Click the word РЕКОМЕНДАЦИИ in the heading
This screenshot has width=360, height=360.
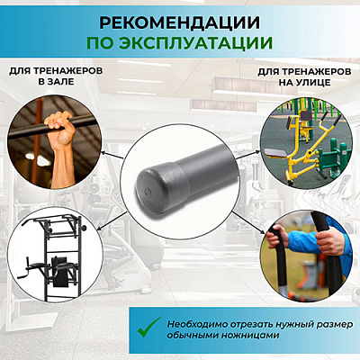click(180, 23)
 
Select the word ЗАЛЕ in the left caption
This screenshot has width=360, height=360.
click(60, 82)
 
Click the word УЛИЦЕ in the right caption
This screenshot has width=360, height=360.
click(313, 82)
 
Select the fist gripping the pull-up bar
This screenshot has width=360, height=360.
click(60, 124)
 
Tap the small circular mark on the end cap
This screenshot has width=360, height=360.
click(147, 192)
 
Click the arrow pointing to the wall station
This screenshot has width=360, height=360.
click(112, 220)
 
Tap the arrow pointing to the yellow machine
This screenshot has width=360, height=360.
click(247, 155)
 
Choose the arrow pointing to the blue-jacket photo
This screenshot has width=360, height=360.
click(248, 222)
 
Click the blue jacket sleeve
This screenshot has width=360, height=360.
click(303, 241)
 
